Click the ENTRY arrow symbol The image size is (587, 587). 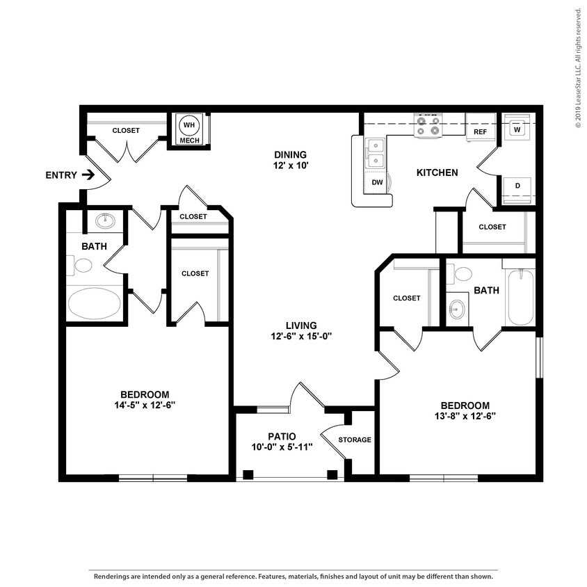click(x=88, y=175)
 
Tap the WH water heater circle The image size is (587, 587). click(x=189, y=125)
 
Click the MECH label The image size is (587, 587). click(x=189, y=140)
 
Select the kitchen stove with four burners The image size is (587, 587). click(x=428, y=125)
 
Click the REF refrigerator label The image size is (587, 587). click(x=480, y=131)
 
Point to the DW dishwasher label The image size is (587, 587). click(x=378, y=183)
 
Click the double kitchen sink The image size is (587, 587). click(x=375, y=153)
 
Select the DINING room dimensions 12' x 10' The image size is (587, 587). click(x=291, y=165)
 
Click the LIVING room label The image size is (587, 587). click(x=301, y=325)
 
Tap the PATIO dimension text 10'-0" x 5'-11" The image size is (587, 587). click(x=282, y=447)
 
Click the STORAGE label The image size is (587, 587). click(x=355, y=440)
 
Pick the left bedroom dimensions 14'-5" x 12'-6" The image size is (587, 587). click(x=145, y=405)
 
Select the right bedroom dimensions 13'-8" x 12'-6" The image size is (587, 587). click(x=465, y=416)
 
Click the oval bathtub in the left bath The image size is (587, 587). click(x=95, y=303)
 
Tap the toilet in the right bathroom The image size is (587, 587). click(x=460, y=274)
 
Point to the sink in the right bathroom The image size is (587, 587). click(x=457, y=309)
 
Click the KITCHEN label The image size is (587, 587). click(x=437, y=172)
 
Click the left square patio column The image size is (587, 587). click(x=248, y=475)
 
